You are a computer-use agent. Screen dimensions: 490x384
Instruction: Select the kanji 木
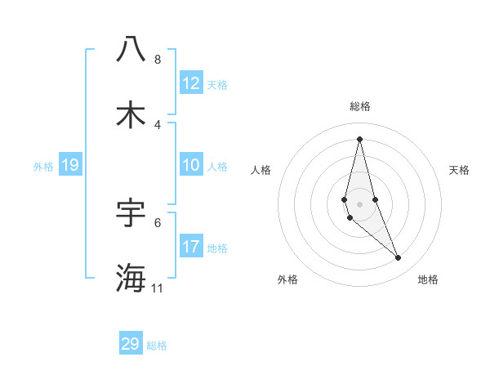pyautogui.click(x=131, y=115)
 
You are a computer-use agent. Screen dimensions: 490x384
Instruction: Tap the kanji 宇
pyautogui.click(x=131, y=212)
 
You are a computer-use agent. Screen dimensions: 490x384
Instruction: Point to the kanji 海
pyautogui.click(x=131, y=278)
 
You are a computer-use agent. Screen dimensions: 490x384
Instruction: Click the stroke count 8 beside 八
pyautogui.click(x=157, y=60)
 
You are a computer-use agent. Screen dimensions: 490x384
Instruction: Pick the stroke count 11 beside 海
pyautogui.click(x=158, y=288)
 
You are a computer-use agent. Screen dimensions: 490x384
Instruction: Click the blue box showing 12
pyautogui.click(x=191, y=83)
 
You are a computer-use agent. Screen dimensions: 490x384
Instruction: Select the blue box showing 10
pyautogui.click(x=191, y=165)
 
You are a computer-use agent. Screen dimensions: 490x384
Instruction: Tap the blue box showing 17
pyautogui.click(x=191, y=247)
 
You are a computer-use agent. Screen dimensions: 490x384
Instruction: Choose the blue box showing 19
pyautogui.click(x=70, y=165)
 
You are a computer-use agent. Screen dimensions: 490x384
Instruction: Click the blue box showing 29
pyautogui.click(x=131, y=344)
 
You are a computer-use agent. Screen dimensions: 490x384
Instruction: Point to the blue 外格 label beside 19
pyautogui.click(x=43, y=166)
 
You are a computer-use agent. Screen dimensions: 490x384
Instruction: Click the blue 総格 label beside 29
pyautogui.click(x=158, y=346)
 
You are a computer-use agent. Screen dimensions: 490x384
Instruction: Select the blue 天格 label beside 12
pyautogui.click(x=217, y=84)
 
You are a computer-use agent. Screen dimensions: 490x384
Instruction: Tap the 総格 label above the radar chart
pyautogui.click(x=360, y=106)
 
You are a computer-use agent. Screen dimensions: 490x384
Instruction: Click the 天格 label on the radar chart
pyautogui.click(x=460, y=170)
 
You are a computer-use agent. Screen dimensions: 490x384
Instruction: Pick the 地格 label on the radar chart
pyautogui.click(x=428, y=279)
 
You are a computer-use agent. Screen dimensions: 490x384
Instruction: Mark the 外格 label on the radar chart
pyautogui.click(x=287, y=279)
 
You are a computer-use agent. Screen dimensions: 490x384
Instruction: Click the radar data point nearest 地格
pyautogui.click(x=399, y=258)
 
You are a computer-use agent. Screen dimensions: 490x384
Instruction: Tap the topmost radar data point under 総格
pyautogui.click(x=360, y=139)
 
